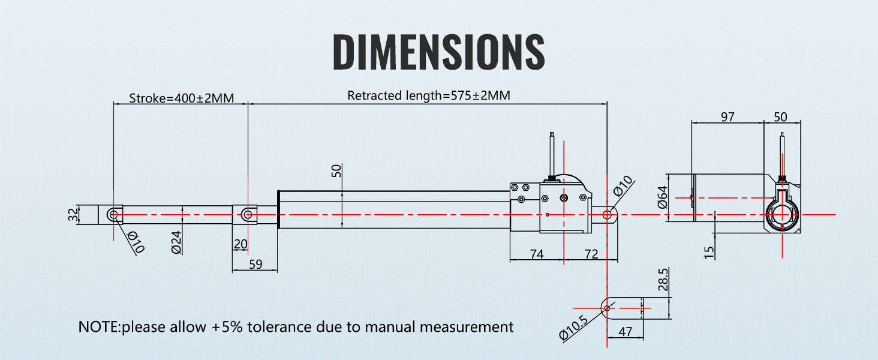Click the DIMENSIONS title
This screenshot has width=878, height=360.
438,52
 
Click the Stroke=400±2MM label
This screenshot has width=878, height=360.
182,98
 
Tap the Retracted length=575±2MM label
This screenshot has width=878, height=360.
429,95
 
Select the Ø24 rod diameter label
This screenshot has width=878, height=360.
177,242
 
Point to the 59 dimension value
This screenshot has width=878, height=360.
255,265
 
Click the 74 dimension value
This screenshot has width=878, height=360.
537,254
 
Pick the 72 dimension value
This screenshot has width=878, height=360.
591,254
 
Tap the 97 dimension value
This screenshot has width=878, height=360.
727,117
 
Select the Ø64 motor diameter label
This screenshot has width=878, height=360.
662,197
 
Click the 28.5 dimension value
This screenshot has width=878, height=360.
663,280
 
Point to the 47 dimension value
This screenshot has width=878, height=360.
625,332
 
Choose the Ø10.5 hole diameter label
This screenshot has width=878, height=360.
573,328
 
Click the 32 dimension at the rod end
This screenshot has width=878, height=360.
73,215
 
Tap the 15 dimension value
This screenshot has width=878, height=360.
709,253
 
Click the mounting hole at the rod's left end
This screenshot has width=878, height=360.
114,215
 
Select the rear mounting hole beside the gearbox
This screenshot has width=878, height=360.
607,215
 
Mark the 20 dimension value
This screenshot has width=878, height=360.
240,244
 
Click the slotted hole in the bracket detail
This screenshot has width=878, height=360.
607,308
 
